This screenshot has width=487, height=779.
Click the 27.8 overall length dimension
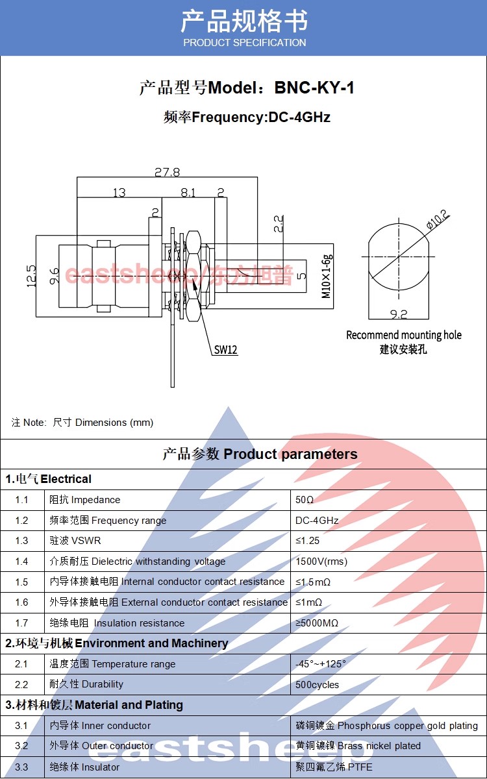(167, 172)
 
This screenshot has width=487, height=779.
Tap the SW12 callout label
(226, 350)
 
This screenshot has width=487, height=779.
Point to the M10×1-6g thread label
(327, 276)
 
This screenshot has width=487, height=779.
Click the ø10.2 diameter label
(437, 219)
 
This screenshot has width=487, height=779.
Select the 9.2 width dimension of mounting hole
(398, 314)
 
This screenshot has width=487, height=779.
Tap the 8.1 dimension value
(188, 192)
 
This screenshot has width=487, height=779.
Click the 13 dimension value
(119, 192)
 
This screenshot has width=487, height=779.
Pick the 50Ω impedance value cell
(305, 500)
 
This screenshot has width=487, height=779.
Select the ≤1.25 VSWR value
(308, 541)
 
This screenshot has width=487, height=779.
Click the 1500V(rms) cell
(321, 562)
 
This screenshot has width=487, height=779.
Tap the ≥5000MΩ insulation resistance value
(317, 623)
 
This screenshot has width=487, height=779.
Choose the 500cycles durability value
(317, 685)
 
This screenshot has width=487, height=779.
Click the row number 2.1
(22, 664)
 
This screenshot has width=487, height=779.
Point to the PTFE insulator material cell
(334, 767)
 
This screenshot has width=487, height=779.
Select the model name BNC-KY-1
(314, 88)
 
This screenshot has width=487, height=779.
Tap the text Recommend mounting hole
(404, 335)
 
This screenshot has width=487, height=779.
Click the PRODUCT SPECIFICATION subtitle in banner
(244, 43)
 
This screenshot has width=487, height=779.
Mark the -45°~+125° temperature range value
(321, 664)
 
